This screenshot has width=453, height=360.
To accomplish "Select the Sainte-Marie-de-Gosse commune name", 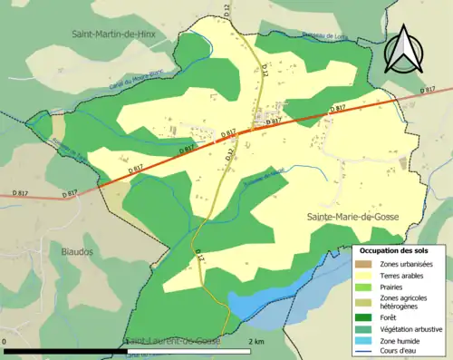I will [352, 216].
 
